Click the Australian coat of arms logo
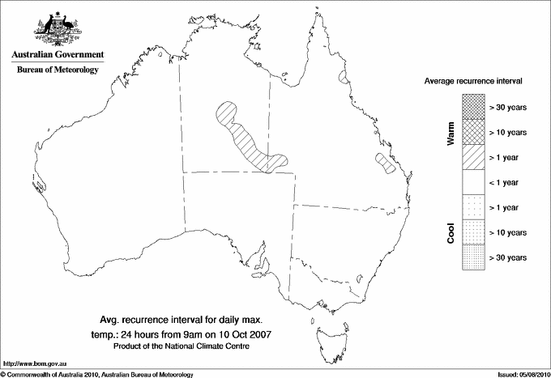pyautogui.click(x=57, y=29)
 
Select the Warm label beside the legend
pyautogui.click(x=451, y=133)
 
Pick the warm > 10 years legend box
pyautogui.click(x=472, y=132)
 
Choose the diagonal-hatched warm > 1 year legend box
pyautogui.click(x=472, y=157)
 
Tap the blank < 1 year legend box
pyautogui.click(x=472, y=182)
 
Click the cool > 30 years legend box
pyautogui.click(x=472, y=257)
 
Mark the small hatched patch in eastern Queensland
pyautogui.click(x=386, y=164)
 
